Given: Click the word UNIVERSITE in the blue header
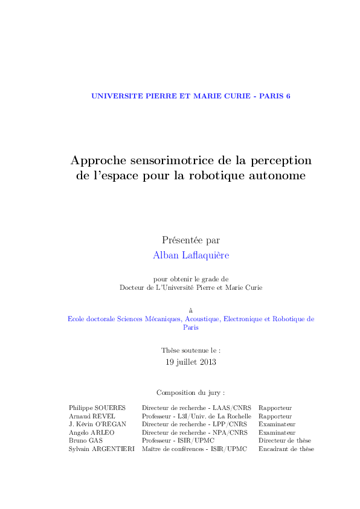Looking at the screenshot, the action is (x=112, y=96).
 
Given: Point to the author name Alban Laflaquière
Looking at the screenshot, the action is (x=191, y=255).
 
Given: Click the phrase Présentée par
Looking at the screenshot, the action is (x=191, y=240).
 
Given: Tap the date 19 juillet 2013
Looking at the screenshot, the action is (x=191, y=362).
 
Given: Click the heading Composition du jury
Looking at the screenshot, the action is (x=190, y=392).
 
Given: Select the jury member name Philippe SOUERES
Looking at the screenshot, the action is (x=94, y=408).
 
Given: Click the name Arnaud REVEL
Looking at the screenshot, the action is (x=92, y=416).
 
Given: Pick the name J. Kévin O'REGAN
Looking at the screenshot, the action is (x=98, y=424).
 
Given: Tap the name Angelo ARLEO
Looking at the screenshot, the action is (x=92, y=432).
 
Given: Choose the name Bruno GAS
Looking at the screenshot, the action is (x=86, y=441).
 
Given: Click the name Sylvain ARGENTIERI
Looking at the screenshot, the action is (x=101, y=449).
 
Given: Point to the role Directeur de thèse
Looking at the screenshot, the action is (x=285, y=441).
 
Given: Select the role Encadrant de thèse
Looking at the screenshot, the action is (x=286, y=449).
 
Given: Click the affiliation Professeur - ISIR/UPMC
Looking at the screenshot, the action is (x=178, y=441).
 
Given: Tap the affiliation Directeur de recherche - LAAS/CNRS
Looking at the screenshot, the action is (x=196, y=408).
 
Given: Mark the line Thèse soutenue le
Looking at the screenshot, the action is (x=191, y=350).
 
